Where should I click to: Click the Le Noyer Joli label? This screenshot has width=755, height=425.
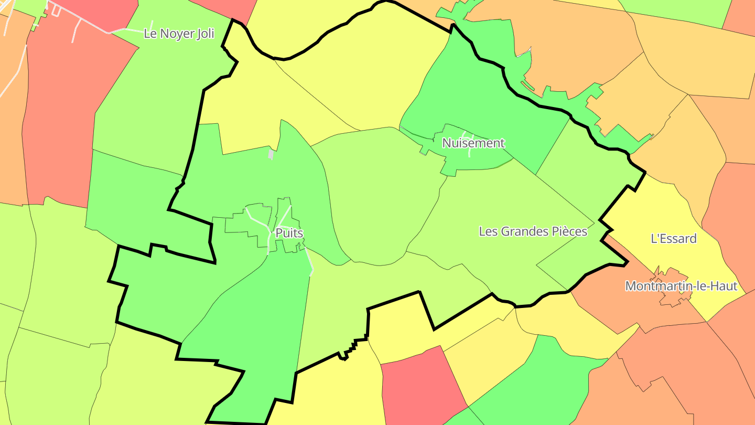tap(179, 34)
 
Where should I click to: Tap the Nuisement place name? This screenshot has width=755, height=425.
tap(473, 143)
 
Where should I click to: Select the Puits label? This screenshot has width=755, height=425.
tap(289, 233)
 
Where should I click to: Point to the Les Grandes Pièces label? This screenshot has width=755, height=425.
tap(533, 231)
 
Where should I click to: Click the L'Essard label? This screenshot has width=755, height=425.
tap(673, 239)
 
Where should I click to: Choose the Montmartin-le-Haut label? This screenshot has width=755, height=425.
tap(681, 286)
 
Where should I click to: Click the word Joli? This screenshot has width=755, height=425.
tap(204, 34)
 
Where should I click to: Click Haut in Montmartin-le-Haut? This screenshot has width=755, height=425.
tap(724, 286)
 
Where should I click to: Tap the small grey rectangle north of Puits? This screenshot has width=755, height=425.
tap(271, 154)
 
